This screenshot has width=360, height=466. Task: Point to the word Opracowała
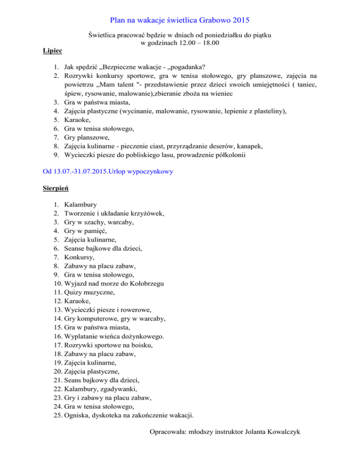pos(166,431)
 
